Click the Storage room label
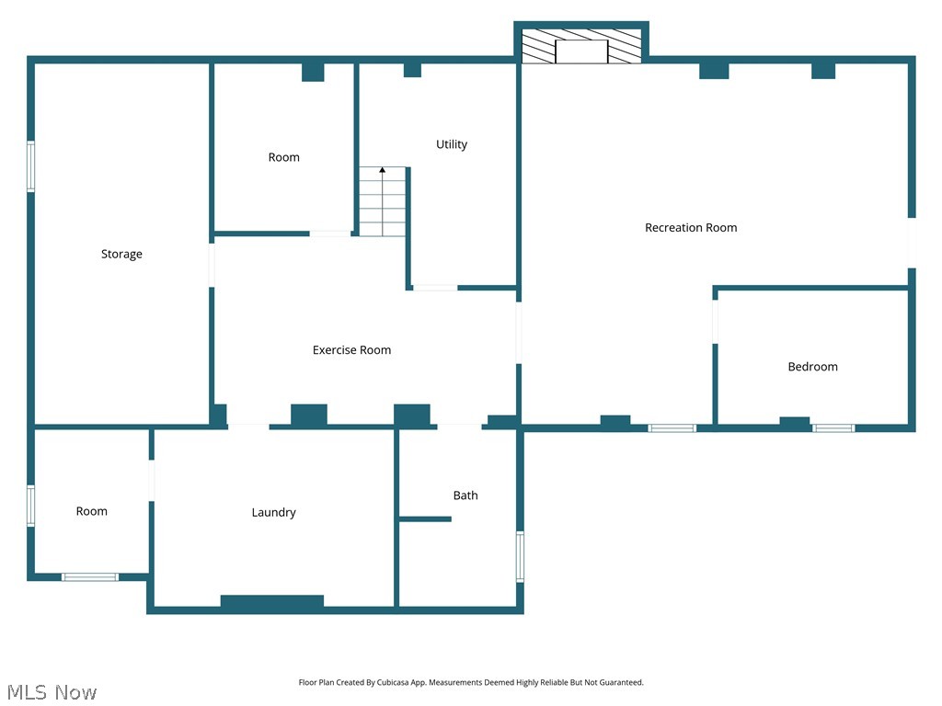tap(121, 255)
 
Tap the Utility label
tap(452, 144)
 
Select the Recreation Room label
tap(691, 228)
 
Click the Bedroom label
tap(812, 367)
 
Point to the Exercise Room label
tap(351, 350)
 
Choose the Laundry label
tap(274, 513)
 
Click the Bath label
tap(465, 495)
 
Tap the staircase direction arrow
tap(383, 171)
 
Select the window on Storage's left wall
tap(30, 166)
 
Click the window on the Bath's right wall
tap(520, 556)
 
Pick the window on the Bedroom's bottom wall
tap(833, 427)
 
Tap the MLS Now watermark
tap(52, 692)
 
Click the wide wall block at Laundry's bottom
tap(272, 603)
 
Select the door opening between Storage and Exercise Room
tap(213, 265)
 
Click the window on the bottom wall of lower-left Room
tap(90, 577)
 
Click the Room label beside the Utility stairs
tap(283, 157)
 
